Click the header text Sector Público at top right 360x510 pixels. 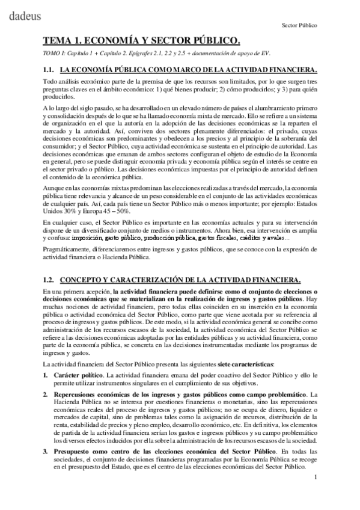pos(299,26)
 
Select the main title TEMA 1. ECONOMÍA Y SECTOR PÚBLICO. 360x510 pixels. pos(141,41)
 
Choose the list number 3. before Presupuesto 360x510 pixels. pos(46,450)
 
